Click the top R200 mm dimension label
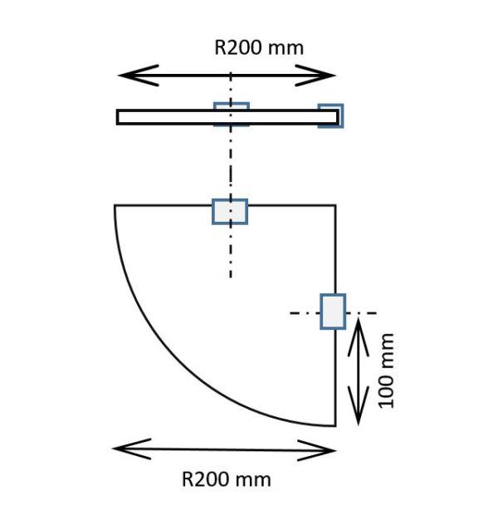(x=259, y=47)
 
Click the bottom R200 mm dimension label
(x=227, y=479)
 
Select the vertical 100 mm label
(x=386, y=371)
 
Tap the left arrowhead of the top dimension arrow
(x=139, y=76)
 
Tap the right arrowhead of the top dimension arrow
(x=315, y=76)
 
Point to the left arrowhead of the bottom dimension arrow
(x=132, y=449)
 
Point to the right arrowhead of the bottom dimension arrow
(x=317, y=450)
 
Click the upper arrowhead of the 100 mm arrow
(x=359, y=337)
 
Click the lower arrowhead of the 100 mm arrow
(x=359, y=406)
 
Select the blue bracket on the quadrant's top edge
(x=230, y=212)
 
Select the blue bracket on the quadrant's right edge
(x=333, y=311)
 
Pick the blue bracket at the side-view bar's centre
(x=232, y=115)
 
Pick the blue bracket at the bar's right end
(x=330, y=116)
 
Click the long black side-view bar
(x=227, y=117)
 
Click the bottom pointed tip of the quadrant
(x=335, y=426)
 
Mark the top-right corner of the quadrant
(x=336, y=205)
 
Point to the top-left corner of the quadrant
(x=115, y=205)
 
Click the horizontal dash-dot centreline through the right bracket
(x=333, y=313)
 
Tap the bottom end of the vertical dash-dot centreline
(x=231, y=277)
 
